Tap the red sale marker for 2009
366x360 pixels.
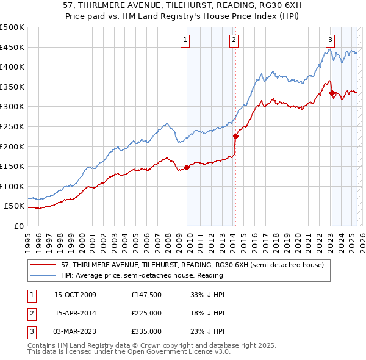click(187, 167)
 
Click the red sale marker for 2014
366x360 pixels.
click(235, 137)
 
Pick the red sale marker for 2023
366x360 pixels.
click(332, 93)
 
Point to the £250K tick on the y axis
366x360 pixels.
click(12, 126)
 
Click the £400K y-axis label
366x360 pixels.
click(12, 67)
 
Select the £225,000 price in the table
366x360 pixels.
click(146, 313)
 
